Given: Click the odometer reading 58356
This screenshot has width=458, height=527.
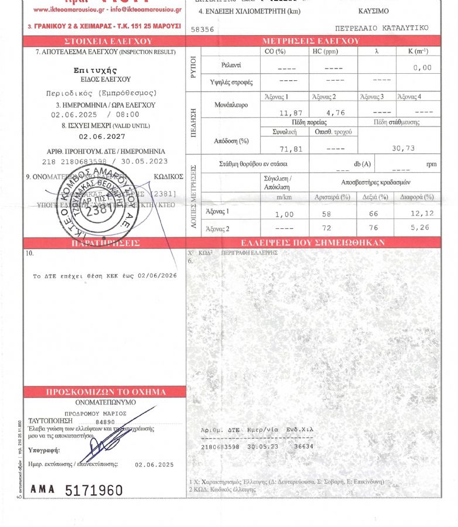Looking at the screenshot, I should (x=202, y=28).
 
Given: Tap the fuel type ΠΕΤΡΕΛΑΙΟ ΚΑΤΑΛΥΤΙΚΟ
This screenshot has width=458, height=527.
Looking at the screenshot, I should (x=381, y=28).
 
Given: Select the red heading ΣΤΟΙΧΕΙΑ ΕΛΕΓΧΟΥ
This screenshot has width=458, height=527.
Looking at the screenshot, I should (x=104, y=42).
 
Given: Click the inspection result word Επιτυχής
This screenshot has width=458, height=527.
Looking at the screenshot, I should (x=104, y=70).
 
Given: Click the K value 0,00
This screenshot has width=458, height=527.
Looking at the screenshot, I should (x=422, y=68).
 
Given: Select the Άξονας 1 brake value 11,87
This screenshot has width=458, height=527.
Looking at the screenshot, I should (x=282, y=112).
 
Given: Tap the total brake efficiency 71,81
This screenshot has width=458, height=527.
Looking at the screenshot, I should (x=282, y=149).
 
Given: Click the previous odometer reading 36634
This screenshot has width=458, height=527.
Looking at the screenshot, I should (x=304, y=446).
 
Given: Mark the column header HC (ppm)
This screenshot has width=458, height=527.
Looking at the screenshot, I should (x=331, y=52).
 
